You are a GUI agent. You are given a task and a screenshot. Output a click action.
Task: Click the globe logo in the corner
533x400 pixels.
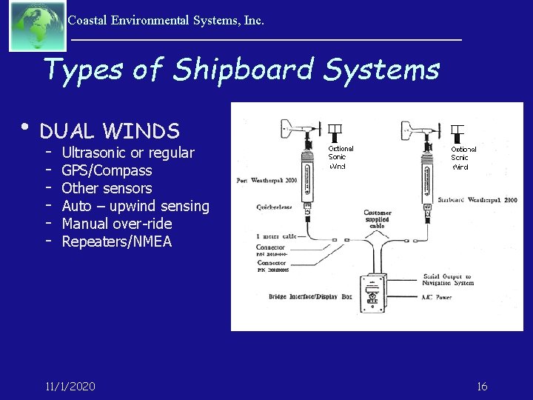point(37,26)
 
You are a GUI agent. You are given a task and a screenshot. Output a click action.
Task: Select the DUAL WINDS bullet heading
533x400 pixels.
point(110,131)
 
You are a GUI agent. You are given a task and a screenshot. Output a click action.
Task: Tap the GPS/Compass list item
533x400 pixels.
point(107,170)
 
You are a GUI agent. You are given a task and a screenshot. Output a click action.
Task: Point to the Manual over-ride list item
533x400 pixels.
point(116,224)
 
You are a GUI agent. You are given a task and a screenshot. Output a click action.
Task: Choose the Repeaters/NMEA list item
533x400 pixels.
point(116,241)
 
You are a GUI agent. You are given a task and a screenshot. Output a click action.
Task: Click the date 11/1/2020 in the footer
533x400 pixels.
point(70,387)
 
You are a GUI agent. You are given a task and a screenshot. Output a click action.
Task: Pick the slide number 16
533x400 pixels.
point(482,387)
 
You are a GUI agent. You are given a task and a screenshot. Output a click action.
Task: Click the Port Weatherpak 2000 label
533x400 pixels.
point(266,181)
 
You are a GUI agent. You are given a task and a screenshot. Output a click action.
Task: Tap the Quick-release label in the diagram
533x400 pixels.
point(275,207)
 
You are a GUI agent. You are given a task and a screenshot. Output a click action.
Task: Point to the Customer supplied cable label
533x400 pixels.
point(377,219)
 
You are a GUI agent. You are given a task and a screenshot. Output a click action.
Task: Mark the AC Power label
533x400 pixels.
point(438,296)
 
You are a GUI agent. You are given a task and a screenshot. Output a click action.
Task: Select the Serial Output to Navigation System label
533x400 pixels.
point(447,279)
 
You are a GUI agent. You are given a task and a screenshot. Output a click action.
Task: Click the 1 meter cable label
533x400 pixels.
point(276,236)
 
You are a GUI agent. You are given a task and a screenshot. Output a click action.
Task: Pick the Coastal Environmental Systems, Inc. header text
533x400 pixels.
point(166,21)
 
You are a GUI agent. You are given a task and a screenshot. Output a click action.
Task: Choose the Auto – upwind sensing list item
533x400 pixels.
point(135,206)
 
